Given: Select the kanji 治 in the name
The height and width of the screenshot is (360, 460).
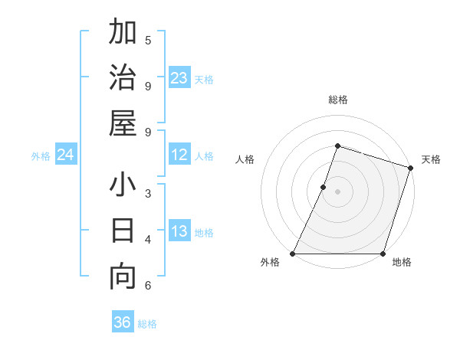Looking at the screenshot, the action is [x=123, y=78].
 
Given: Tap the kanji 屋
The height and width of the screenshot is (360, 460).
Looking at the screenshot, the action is [x=123, y=123].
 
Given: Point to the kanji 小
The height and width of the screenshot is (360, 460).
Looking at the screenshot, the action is [x=123, y=186].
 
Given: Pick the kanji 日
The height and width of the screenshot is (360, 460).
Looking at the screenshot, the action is [x=123, y=231].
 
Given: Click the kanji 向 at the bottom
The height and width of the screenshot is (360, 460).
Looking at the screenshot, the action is [x=123, y=277].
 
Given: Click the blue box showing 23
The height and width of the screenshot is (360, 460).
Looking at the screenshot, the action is [x=179, y=78].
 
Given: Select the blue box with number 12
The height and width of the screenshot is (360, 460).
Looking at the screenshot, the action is [x=179, y=155].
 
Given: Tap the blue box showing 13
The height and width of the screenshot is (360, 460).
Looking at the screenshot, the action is [x=179, y=231].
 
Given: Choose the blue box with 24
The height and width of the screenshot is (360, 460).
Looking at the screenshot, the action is [x=65, y=155].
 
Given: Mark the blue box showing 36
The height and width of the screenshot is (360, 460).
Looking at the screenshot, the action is [x=122, y=322].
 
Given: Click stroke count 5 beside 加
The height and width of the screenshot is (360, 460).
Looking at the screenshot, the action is [x=148, y=40].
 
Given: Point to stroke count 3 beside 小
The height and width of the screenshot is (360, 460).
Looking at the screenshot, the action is [x=148, y=193].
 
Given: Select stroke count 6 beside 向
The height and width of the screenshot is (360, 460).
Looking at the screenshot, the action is [x=148, y=286].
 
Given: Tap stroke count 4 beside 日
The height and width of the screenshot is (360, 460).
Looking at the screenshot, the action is [x=148, y=240].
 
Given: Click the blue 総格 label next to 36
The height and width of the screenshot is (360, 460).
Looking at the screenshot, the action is [x=147, y=323].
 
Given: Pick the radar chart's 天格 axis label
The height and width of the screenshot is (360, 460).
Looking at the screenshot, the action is [x=431, y=159].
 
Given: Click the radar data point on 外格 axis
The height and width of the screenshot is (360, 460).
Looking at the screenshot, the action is [x=293, y=254].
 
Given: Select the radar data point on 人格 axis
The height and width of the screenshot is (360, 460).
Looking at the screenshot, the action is [x=324, y=187].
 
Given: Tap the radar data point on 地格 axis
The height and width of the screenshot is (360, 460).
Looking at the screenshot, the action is [x=383, y=254].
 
